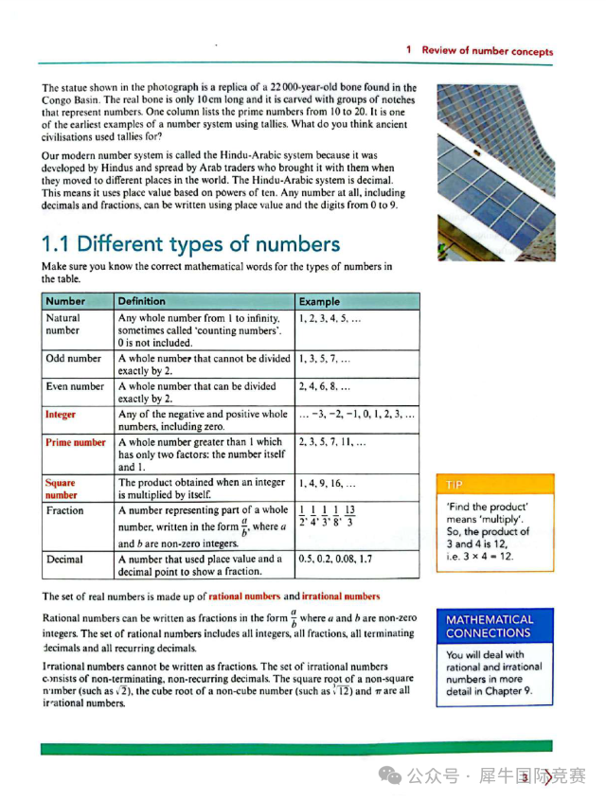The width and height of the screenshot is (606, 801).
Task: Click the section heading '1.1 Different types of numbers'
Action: click(x=190, y=244)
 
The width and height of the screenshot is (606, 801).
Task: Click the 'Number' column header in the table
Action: click(x=64, y=301)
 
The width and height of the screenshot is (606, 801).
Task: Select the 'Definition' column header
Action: click(x=141, y=301)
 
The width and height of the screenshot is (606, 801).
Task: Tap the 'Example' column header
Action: click(x=319, y=301)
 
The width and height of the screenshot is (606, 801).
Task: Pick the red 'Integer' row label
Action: click(x=61, y=415)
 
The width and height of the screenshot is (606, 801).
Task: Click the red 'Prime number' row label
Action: click(x=76, y=442)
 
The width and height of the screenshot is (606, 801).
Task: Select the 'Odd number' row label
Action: click(x=73, y=359)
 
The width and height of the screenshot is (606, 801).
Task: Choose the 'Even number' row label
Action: click(x=75, y=386)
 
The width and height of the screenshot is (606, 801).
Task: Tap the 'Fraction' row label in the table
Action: click(x=64, y=510)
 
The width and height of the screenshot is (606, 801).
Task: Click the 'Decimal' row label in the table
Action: click(x=64, y=560)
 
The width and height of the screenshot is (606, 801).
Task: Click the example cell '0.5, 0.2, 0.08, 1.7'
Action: click(x=335, y=560)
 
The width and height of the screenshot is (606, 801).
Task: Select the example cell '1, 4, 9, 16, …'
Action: click(x=329, y=483)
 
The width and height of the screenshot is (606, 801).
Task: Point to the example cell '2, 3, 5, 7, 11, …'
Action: click(x=332, y=442)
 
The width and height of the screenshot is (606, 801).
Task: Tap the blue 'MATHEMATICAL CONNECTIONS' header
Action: click(x=493, y=626)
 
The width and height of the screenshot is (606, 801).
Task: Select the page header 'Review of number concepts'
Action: click(x=487, y=50)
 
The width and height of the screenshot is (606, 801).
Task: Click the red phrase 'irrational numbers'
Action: click(x=341, y=596)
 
